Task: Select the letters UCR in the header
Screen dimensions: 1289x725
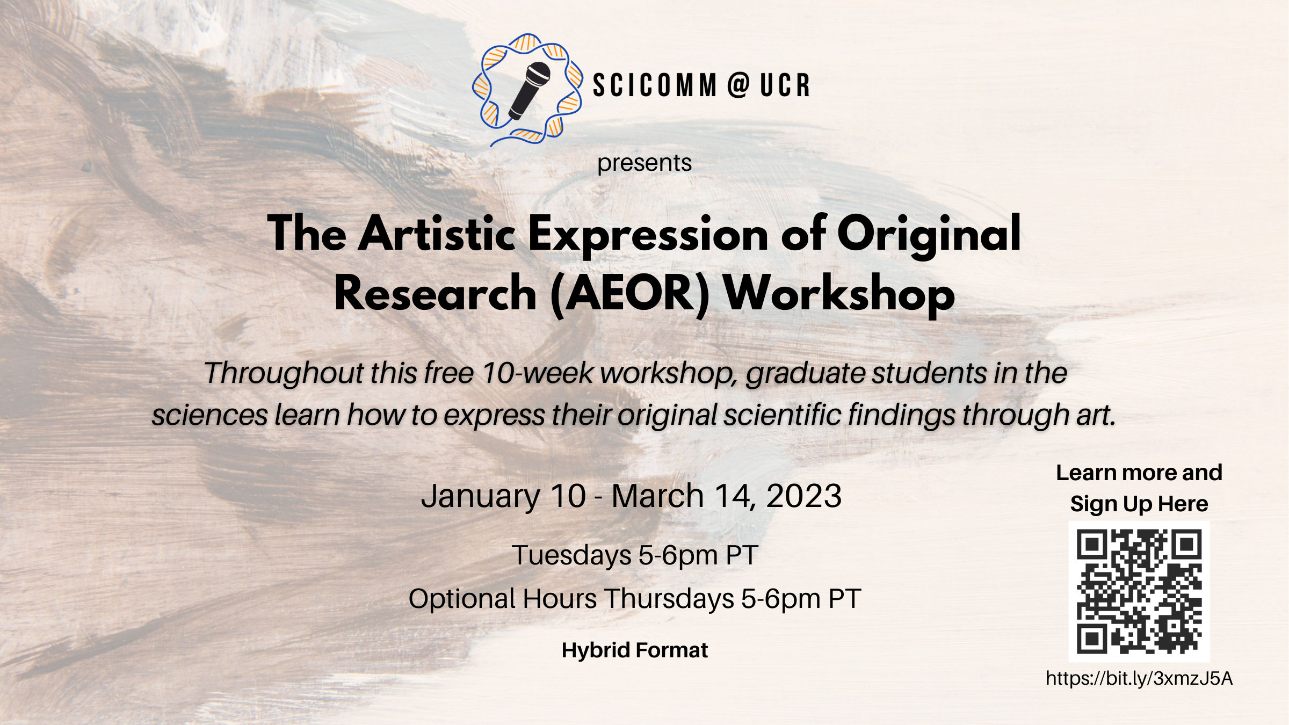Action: [785, 85]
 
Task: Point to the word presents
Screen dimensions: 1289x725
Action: [644, 163]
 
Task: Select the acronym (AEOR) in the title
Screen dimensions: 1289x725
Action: [629, 294]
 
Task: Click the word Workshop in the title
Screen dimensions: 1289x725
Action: [839, 294]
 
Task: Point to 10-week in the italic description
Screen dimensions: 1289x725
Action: [537, 373]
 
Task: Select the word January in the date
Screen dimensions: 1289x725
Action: [481, 497]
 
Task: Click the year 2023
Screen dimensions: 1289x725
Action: [803, 496]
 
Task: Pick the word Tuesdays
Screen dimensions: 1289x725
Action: [571, 556]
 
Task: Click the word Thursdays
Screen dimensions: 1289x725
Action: [670, 599]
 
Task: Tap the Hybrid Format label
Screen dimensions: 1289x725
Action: [635, 650]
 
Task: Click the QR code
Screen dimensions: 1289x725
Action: [1139, 591]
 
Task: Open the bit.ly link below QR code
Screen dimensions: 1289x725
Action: [1139, 679]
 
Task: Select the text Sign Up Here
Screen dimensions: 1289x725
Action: [1139, 504]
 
